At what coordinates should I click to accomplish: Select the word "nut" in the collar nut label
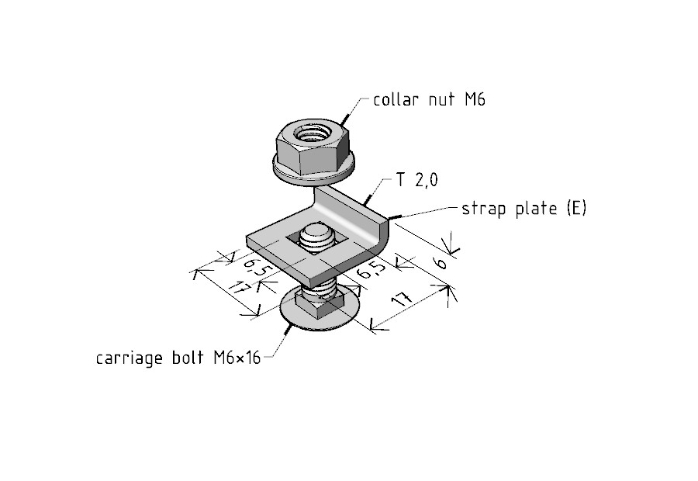click(x=441, y=100)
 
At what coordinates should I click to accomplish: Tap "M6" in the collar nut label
click(x=475, y=99)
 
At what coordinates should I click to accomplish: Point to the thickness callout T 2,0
click(x=417, y=180)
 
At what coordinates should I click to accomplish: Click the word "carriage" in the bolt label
click(x=128, y=358)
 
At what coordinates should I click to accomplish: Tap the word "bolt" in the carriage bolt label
click(x=188, y=358)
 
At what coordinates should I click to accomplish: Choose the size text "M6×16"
click(x=237, y=358)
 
